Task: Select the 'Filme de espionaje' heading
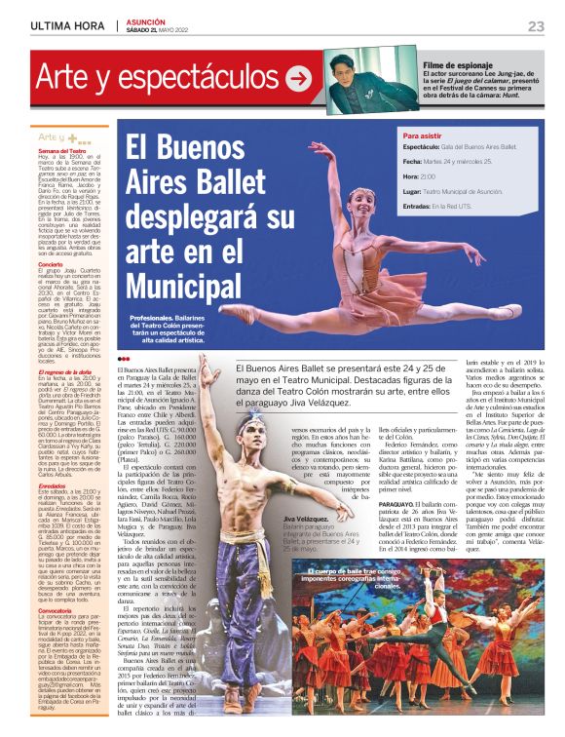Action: coord(455,64)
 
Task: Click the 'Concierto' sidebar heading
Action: coord(51,264)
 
